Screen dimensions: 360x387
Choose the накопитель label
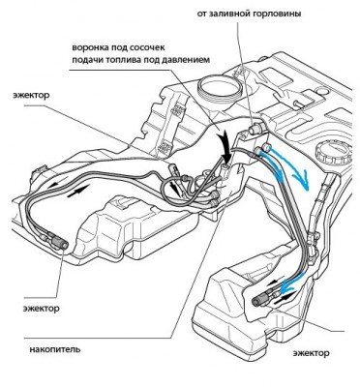[x=55, y=349]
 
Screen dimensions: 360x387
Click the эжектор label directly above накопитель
[x=42, y=309]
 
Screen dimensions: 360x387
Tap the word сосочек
[x=148, y=47]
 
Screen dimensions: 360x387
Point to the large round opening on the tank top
[x=220, y=87]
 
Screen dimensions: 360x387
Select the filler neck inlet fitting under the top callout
[x=256, y=130]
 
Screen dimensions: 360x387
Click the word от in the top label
[x=201, y=15]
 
